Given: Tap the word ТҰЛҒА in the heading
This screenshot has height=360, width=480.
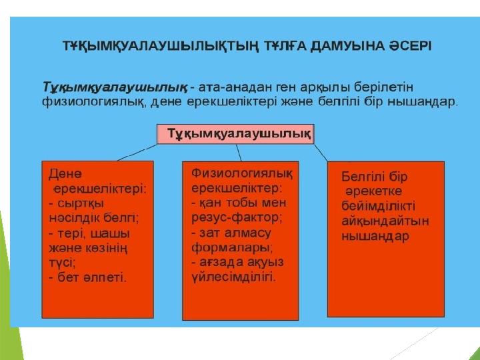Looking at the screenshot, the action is click(285, 46).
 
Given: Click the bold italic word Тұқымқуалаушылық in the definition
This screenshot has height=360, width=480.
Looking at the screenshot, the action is click(115, 87).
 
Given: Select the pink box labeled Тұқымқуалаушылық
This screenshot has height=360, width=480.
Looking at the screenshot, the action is click(235, 134).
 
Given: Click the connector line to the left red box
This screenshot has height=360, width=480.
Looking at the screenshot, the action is click(137, 152).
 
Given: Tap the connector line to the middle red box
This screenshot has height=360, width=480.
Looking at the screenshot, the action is click(239, 153).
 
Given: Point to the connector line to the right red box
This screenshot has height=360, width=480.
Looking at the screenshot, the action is click(321, 153).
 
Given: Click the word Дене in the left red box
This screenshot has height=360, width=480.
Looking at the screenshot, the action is click(65, 174).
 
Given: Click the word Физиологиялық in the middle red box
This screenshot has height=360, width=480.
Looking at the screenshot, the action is click(242, 173).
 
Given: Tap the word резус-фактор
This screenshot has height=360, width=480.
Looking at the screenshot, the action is click(237, 218).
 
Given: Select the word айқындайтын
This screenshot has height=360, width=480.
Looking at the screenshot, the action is click(385, 221).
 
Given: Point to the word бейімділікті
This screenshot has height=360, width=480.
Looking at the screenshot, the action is click(379, 206).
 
